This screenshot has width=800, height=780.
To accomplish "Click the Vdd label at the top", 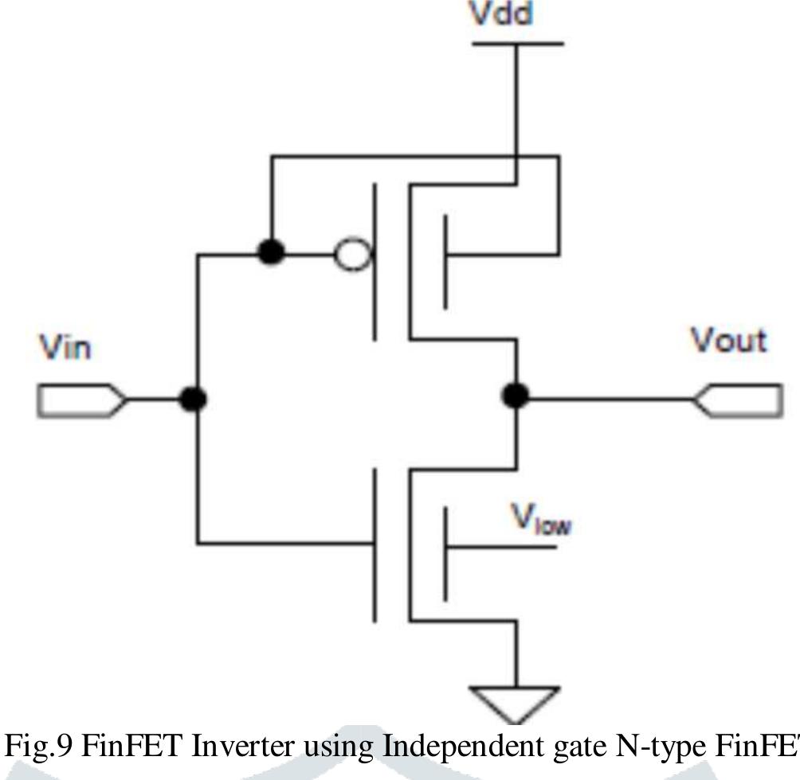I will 500,14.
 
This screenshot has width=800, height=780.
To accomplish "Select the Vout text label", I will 728,341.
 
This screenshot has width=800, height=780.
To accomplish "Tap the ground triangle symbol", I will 516,700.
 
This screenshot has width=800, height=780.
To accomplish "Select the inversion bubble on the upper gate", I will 351,255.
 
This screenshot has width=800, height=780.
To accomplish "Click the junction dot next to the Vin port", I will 192,399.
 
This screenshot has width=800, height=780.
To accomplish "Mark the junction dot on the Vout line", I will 516,395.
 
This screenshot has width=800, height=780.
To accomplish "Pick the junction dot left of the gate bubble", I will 272,252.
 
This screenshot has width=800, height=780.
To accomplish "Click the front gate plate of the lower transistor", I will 375,544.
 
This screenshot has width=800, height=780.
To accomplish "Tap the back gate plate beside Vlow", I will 445,554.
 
